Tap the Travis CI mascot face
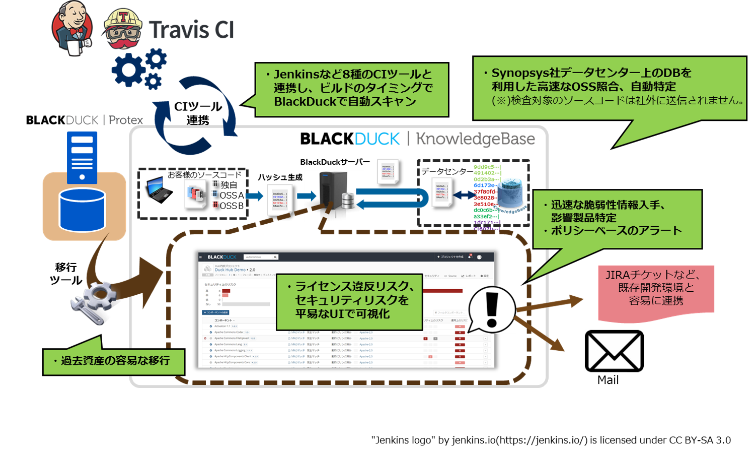[x=122, y=29]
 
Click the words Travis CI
[x=191, y=30]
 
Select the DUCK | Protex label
[x=104, y=120]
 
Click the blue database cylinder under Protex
[x=82, y=210]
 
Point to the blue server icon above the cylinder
[x=82, y=157]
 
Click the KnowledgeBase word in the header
[x=475, y=139]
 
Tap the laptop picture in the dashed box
[x=158, y=189]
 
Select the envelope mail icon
[x=614, y=351]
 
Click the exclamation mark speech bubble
[x=492, y=309]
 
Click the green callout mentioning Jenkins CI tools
[x=351, y=89]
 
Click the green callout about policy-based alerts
[x=617, y=218]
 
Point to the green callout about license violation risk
[x=349, y=301]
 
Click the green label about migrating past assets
[x=114, y=361]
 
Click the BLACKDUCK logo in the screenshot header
[x=221, y=257]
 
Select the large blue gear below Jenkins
[x=128, y=71]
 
